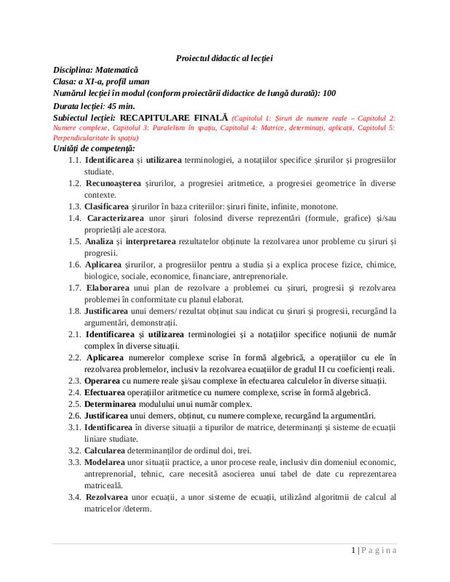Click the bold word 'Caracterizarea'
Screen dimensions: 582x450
(x=114, y=218)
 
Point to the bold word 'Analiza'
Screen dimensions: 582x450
(x=99, y=242)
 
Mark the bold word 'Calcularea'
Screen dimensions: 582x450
(x=107, y=451)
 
